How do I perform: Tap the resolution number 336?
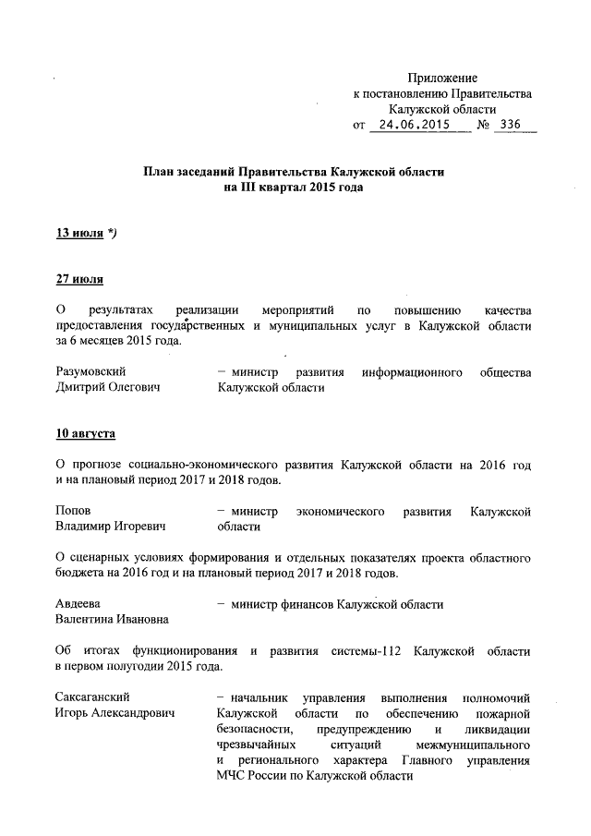pyautogui.click(x=514, y=124)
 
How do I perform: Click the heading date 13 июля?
pyautogui.click(x=79, y=234)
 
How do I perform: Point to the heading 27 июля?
pyautogui.click(x=79, y=280)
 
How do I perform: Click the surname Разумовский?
pyautogui.click(x=94, y=372)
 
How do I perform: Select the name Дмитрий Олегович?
pyautogui.click(x=108, y=389)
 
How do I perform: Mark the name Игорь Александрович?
pyautogui.click(x=115, y=714)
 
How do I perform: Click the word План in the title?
pyautogui.click(x=158, y=172)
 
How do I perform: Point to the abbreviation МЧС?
pyautogui.click(x=230, y=777)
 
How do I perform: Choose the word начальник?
pyautogui.click(x=259, y=697)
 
